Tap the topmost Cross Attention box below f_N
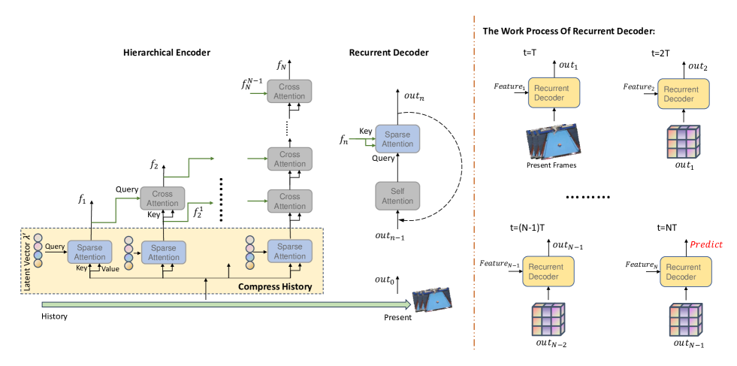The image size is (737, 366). (289, 91)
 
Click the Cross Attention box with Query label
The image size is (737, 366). (162, 198)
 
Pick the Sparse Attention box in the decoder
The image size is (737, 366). (398, 139)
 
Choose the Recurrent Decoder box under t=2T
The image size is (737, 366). (681, 93)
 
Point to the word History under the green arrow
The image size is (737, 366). (56, 317)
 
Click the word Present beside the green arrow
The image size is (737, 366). (397, 317)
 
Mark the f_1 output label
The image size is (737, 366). (83, 200)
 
